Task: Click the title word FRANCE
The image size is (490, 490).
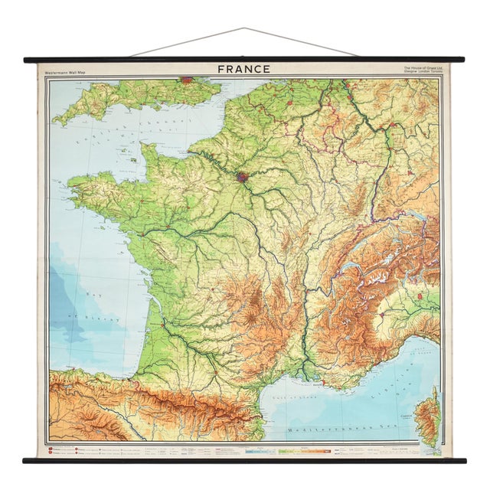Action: pyautogui.click(x=243, y=69)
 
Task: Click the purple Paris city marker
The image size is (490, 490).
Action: pyautogui.click(x=243, y=177)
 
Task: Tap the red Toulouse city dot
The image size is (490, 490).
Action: pyautogui.click(x=217, y=375)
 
